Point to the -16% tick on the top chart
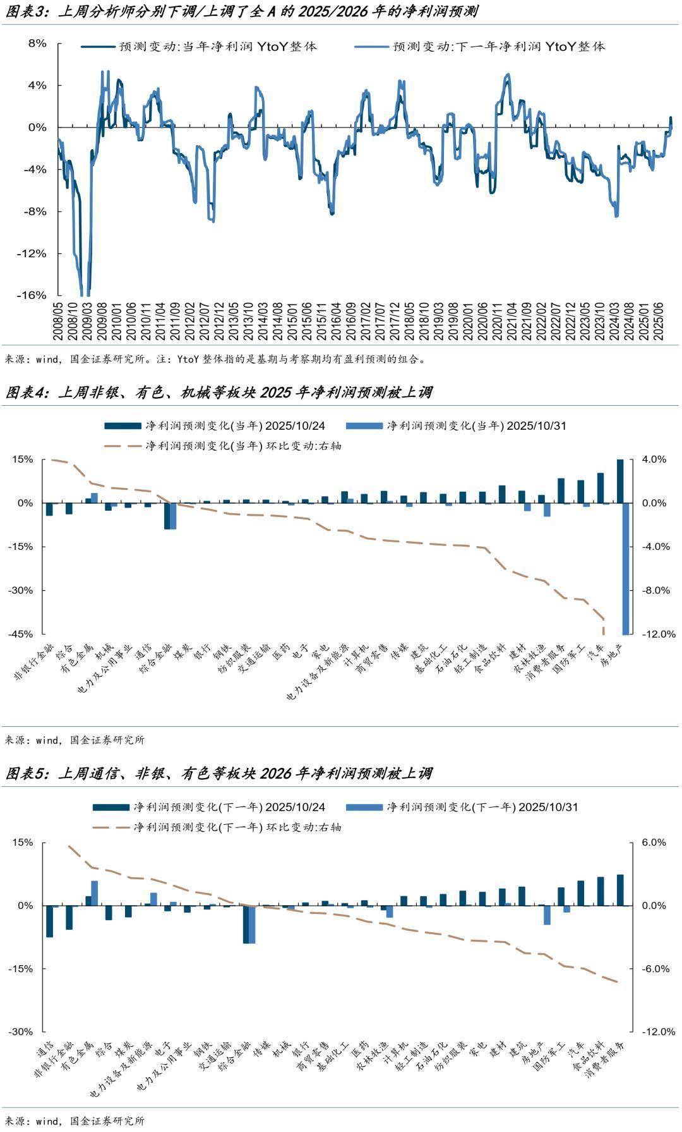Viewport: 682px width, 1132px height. coord(35,295)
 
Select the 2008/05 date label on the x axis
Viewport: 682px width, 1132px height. coord(59,322)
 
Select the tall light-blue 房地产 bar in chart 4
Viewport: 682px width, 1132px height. coord(626,568)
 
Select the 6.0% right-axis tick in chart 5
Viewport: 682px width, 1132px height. coord(654,843)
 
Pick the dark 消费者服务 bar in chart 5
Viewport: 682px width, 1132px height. coord(620,890)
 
